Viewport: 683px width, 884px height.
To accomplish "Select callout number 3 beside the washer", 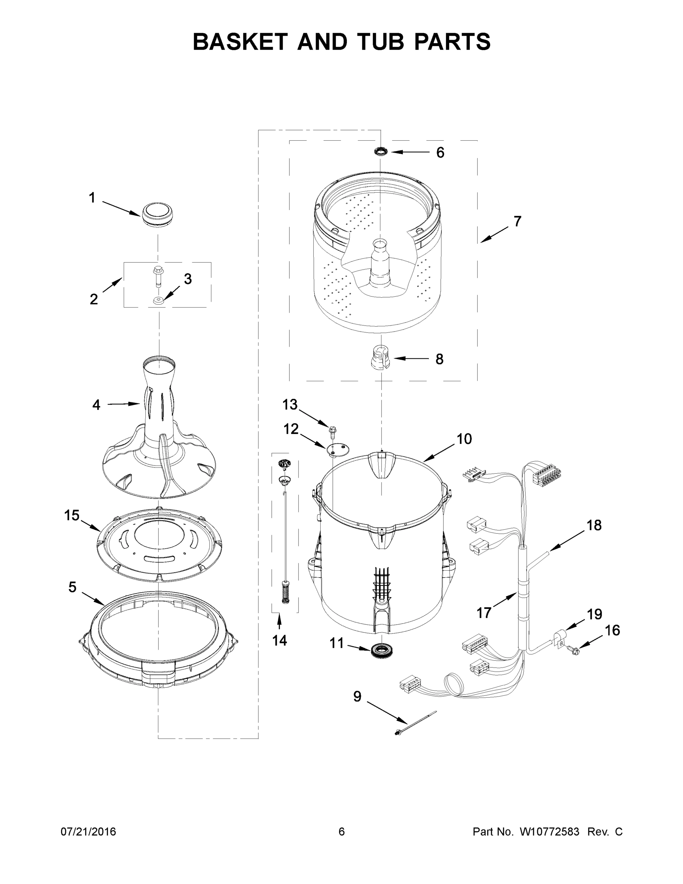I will tap(188, 279).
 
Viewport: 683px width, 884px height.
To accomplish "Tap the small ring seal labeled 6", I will tap(381, 152).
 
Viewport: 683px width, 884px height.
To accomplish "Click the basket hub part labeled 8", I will tap(381, 357).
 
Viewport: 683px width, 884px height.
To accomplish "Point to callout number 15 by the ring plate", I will tap(72, 515).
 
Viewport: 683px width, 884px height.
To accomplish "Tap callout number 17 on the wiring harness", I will tap(483, 613).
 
